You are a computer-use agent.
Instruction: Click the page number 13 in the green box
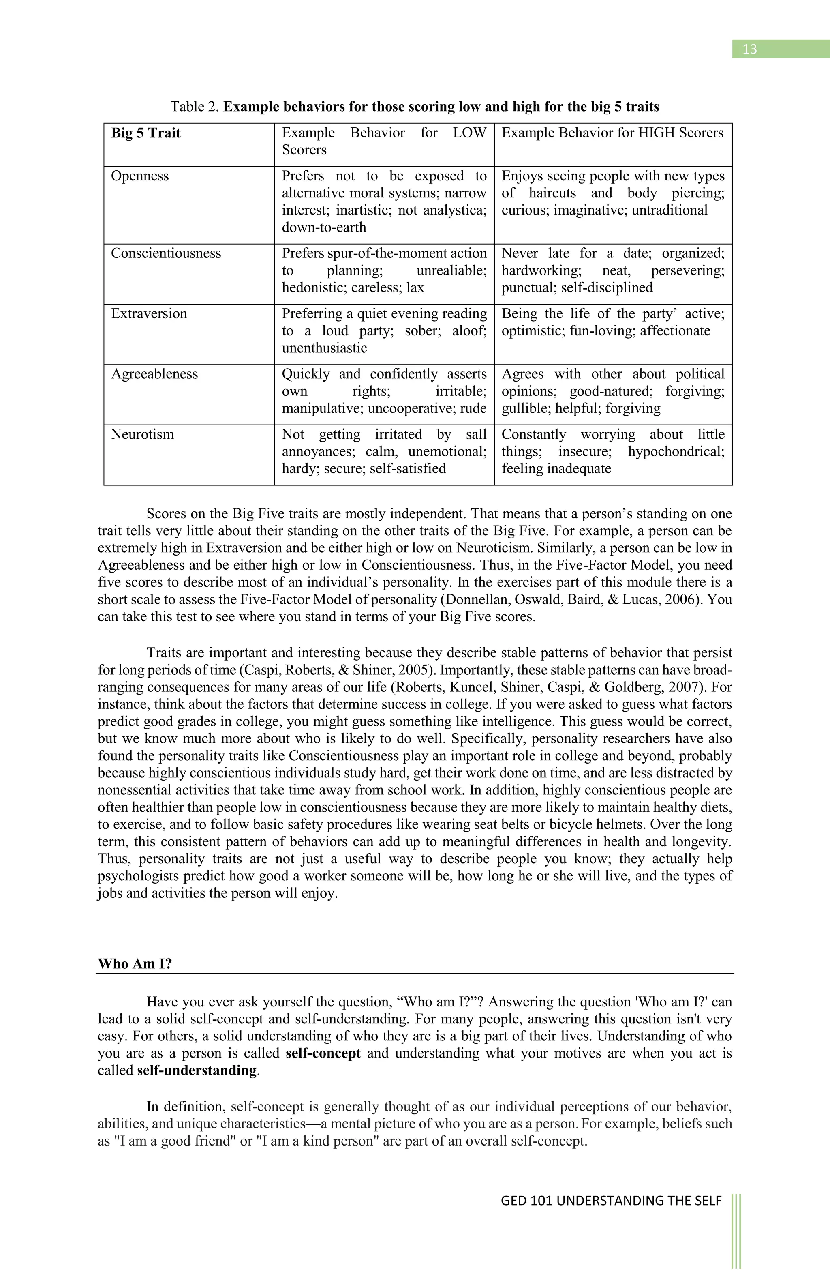click(x=749, y=49)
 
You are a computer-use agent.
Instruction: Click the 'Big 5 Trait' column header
click(x=145, y=133)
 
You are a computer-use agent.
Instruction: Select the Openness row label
click(x=140, y=176)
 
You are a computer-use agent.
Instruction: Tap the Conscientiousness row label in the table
click(x=166, y=253)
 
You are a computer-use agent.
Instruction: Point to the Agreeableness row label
click(x=154, y=374)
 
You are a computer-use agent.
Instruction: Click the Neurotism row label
click(x=142, y=434)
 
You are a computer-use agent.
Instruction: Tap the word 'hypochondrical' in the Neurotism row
click(x=676, y=451)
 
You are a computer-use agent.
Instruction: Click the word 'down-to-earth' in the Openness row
click(x=324, y=227)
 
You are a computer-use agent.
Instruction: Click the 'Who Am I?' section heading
click(x=135, y=964)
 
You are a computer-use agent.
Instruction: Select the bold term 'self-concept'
click(x=323, y=1053)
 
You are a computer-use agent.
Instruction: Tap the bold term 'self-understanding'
click(x=197, y=1070)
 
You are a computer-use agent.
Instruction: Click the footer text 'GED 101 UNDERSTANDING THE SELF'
click(x=611, y=1201)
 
